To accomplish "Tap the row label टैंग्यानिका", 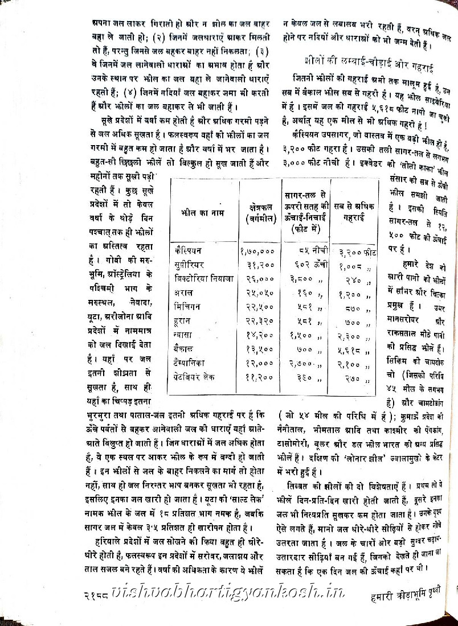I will [x=193, y=363].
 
